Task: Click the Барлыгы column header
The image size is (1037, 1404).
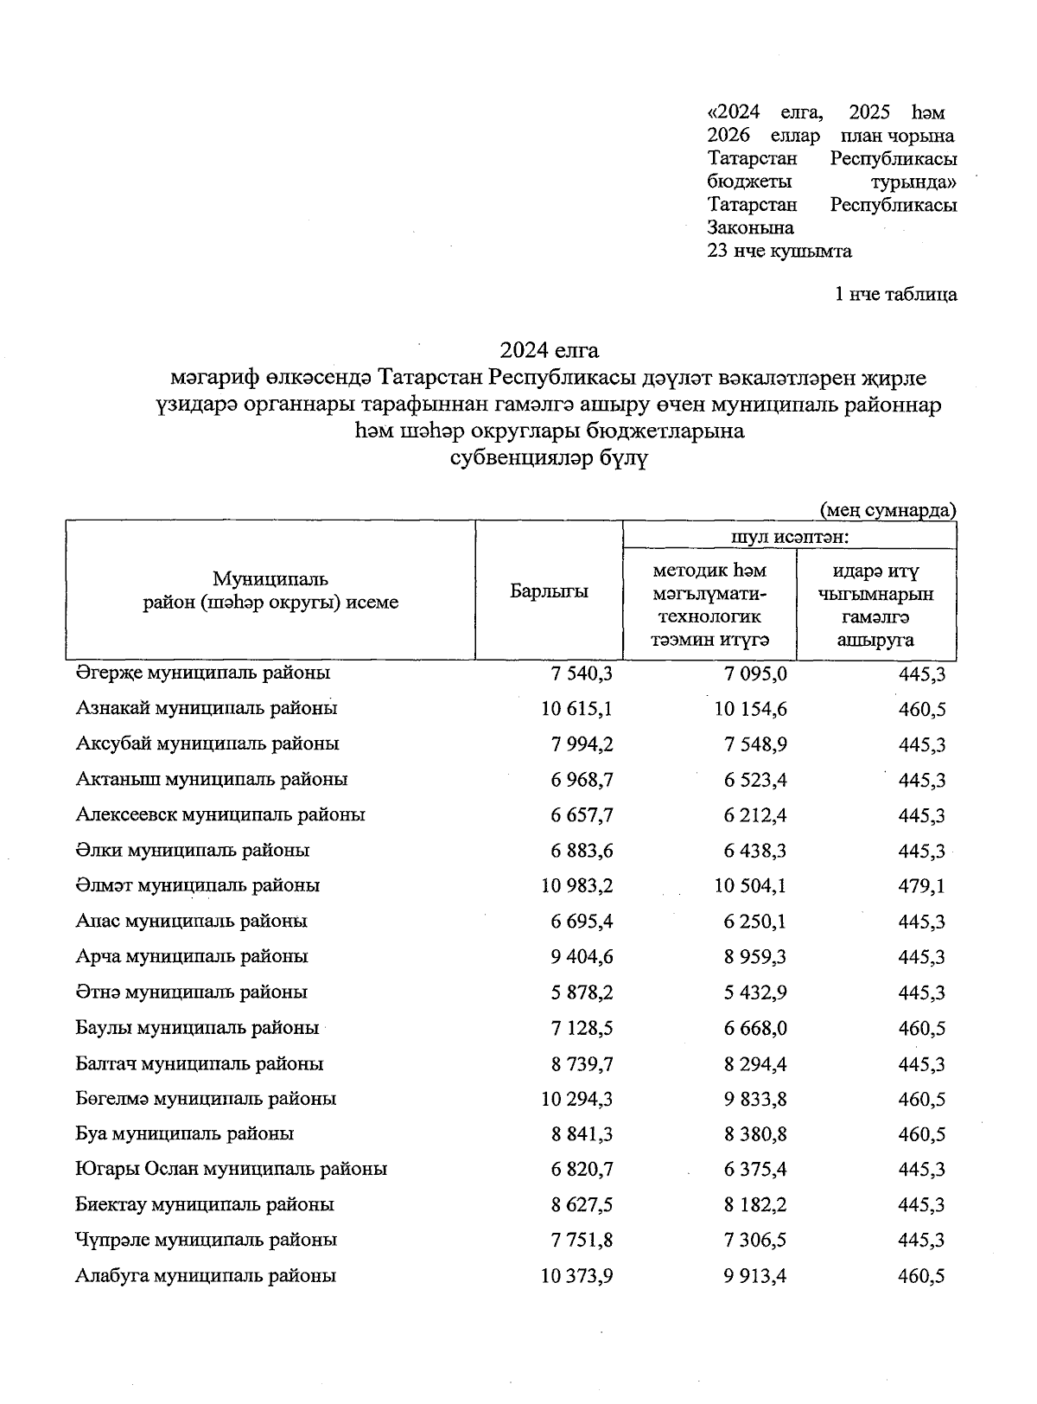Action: click(x=549, y=592)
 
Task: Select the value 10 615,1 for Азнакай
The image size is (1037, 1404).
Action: click(x=577, y=709)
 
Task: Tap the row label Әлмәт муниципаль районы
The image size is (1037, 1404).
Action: click(x=197, y=885)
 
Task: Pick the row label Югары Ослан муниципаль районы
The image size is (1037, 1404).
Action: click(x=231, y=1169)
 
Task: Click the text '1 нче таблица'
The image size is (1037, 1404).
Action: click(x=895, y=295)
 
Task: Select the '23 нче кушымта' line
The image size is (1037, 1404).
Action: click(x=779, y=252)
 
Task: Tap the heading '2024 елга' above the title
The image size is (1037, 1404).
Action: click(x=549, y=350)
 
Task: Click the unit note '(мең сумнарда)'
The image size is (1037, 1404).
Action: click(x=887, y=509)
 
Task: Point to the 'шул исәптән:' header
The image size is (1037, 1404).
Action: click(x=790, y=537)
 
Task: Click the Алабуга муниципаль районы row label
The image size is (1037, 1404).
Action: click(x=206, y=1275)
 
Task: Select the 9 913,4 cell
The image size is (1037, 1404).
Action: click(x=756, y=1276)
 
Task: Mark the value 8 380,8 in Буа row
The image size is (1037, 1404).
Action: click(x=756, y=1134)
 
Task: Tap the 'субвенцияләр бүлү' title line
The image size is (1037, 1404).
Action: click(x=550, y=458)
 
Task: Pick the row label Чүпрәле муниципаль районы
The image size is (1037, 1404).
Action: click(x=206, y=1240)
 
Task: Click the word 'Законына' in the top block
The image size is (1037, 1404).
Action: click(x=750, y=228)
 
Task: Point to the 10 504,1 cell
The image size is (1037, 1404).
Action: click(x=750, y=886)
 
